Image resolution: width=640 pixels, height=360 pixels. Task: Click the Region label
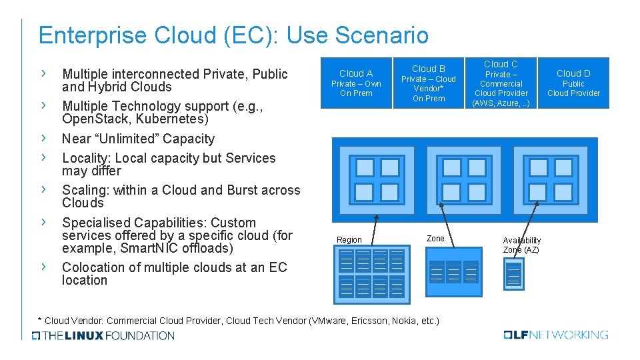(x=349, y=240)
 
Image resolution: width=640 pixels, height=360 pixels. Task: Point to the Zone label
(x=435, y=238)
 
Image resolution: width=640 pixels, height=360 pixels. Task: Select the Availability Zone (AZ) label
(x=522, y=245)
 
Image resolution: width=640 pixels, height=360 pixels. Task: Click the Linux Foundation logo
(x=103, y=335)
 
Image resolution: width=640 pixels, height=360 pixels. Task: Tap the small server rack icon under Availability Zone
(x=514, y=273)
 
